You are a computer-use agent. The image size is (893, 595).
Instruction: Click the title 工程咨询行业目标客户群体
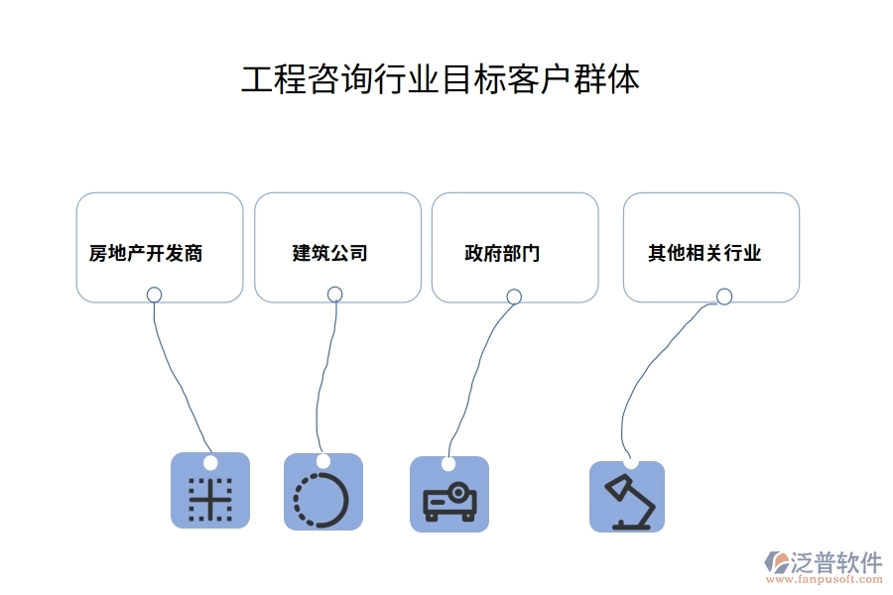[441, 79]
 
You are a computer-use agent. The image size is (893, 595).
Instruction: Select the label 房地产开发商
[146, 253]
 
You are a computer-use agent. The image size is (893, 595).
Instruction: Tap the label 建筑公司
[330, 253]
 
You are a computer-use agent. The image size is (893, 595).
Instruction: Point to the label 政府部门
[503, 253]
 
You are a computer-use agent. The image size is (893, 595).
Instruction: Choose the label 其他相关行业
[704, 253]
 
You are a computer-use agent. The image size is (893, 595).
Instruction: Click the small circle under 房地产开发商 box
[154, 294]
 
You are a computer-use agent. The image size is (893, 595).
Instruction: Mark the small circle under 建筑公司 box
[335, 294]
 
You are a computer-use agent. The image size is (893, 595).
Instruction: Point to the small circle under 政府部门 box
[514, 296]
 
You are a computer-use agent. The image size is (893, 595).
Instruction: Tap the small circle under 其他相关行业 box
[724, 296]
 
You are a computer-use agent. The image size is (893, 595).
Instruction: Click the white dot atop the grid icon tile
[210, 462]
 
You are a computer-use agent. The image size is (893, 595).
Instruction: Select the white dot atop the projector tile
[448, 464]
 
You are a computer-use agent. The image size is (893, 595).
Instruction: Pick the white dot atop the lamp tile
[631, 462]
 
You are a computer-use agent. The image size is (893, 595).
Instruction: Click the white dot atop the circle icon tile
[323, 461]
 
